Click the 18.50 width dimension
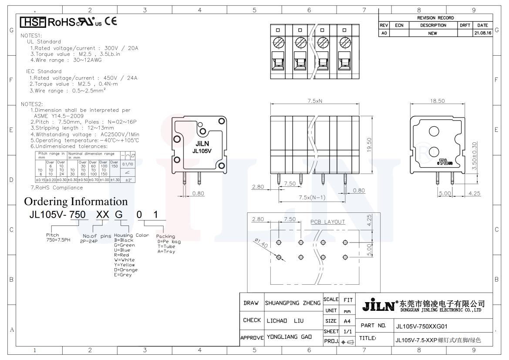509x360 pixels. tap(438, 101)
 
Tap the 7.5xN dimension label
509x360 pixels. tap(315, 101)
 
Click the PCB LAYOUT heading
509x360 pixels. tap(327, 222)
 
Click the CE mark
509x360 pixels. tap(111, 22)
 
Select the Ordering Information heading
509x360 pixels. tap(76, 202)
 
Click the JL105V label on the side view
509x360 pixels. tap(202, 151)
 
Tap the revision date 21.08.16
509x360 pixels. tap(482, 33)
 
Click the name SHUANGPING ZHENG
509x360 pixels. tap(293, 303)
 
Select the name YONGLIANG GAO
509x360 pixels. tap(288, 337)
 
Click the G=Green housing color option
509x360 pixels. tap(124, 245)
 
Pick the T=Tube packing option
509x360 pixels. tap(166, 246)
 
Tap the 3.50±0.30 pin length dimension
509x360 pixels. tap(474, 155)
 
